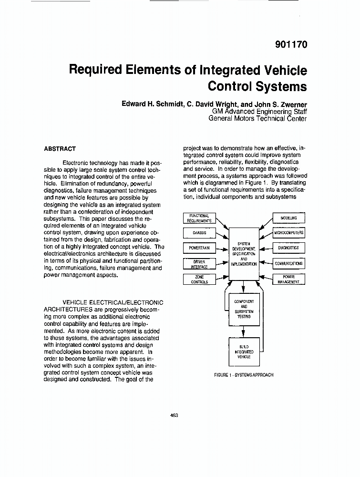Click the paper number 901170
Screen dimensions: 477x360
pos(291,45)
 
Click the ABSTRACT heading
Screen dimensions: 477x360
pos(60,149)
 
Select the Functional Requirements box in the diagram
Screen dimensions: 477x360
pos(199,218)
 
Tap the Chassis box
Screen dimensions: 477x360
pos(199,233)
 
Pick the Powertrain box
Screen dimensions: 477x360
pos(199,249)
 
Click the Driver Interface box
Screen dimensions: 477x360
pos(199,264)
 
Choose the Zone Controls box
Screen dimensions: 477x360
pos(199,279)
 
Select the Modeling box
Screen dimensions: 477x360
pos(288,218)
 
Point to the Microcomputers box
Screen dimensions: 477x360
pos(288,233)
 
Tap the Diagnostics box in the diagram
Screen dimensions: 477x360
pos(288,248)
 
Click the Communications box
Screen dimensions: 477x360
pos(288,263)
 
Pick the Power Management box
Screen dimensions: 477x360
pos(288,279)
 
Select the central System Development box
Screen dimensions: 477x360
pos(244,254)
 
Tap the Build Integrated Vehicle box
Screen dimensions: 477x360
pos(244,352)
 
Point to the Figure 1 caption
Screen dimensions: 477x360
pos(244,375)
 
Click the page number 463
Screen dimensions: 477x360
pos(174,415)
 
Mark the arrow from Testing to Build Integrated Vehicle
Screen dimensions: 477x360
pos(244,331)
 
